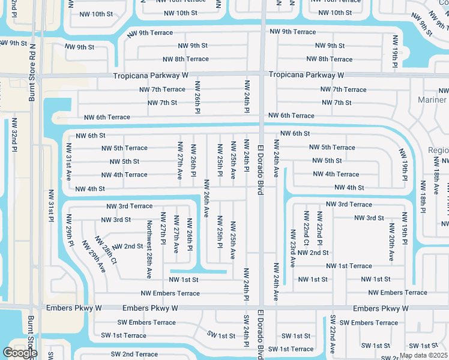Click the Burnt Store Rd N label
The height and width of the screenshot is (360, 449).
(32, 73)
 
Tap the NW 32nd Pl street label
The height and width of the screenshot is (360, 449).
(14, 137)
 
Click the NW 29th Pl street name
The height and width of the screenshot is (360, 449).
(70, 230)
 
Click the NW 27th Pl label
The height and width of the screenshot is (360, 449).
(163, 228)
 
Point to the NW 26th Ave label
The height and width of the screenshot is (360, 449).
(206, 199)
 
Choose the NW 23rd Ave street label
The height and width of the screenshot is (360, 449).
(293, 246)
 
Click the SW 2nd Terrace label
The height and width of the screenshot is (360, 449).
(134, 355)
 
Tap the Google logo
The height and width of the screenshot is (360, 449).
(20, 353)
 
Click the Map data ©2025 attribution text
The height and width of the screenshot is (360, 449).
(423, 355)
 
